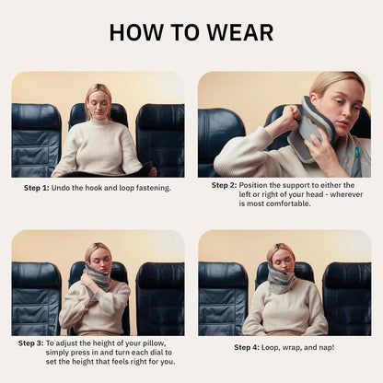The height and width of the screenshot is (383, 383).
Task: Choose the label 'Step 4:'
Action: (247, 347)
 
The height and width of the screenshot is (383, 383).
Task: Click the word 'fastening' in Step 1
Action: (149, 188)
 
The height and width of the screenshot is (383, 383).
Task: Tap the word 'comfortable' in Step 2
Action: (294, 204)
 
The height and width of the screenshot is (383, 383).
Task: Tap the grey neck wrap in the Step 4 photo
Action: (283, 281)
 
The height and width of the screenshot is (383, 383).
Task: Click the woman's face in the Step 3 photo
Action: (98, 257)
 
